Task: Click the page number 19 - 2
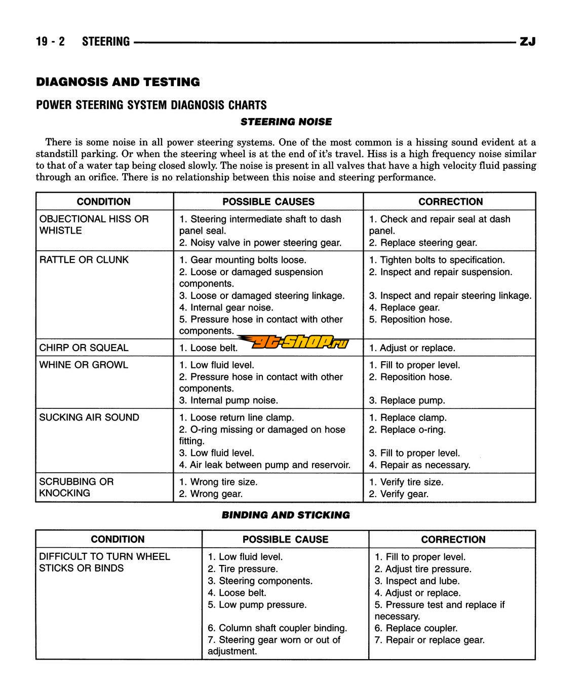[50, 42]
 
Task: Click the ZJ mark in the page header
[527, 42]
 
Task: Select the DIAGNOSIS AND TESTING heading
[118, 82]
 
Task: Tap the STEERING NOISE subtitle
[286, 122]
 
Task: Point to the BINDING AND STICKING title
[286, 515]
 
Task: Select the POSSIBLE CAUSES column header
[268, 202]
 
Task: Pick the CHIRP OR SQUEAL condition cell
[84, 348]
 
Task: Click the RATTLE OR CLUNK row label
[84, 260]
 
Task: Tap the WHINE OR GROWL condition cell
[84, 365]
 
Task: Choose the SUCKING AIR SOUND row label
[89, 417]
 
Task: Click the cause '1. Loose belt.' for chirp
[208, 348]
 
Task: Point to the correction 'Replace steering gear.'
[423, 243]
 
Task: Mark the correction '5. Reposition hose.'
[410, 319]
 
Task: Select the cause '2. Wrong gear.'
[211, 493]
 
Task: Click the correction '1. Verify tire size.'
[406, 482]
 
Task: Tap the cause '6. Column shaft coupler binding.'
[277, 628]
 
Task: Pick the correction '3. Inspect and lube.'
[417, 581]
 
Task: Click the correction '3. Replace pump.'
[407, 400]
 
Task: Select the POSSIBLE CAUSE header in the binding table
[285, 540]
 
